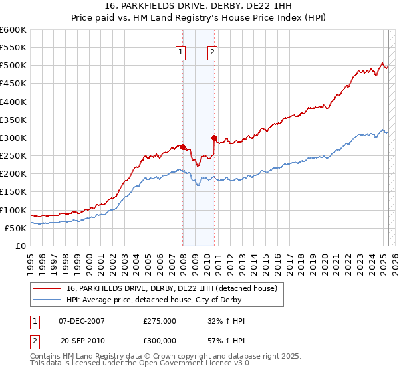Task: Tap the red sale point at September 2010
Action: [x=215, y=138]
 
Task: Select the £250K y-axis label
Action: [x=13, y=156]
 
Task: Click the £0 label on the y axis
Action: [x=20, y=246]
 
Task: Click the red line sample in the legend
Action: [x=47, y=288]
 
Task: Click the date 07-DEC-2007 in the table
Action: [x=82, y=321]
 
